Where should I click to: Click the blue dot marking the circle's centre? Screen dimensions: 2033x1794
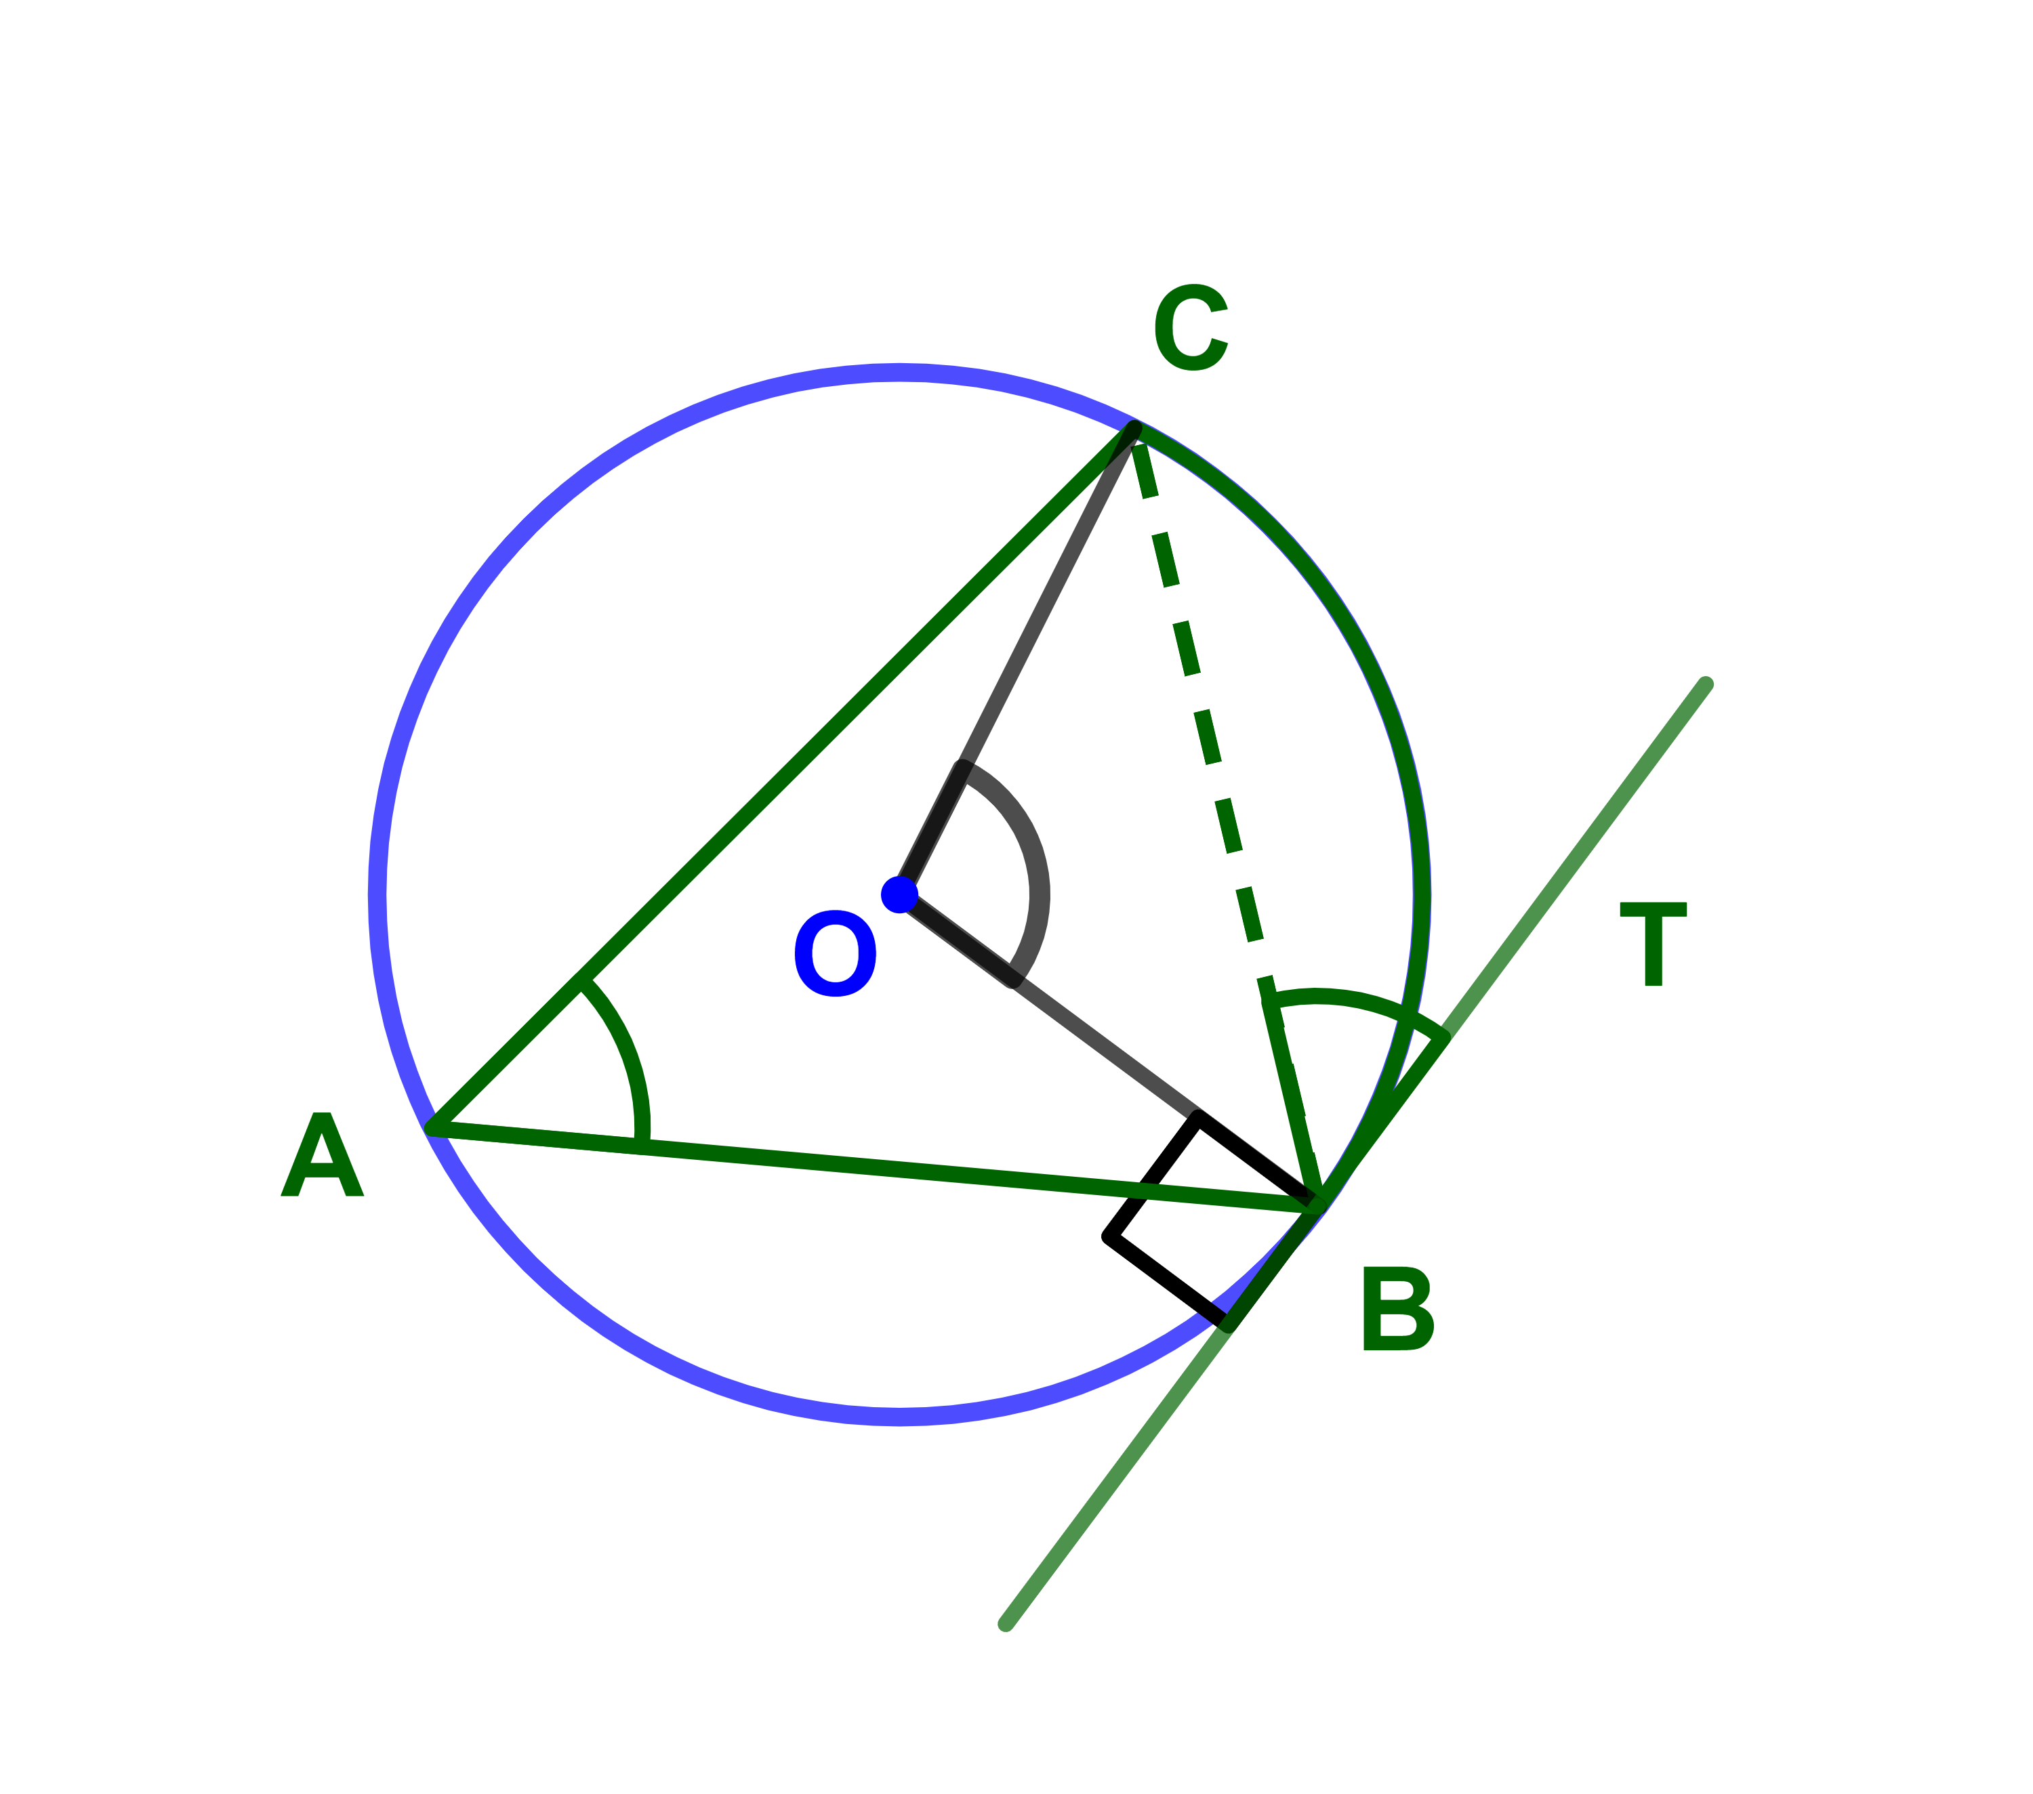[x=899, y=895]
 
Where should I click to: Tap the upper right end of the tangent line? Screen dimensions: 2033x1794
[x=1706, y=684]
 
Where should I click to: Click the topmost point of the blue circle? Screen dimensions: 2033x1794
[x=899, y=373]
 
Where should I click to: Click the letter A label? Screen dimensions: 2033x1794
[x=323, y=1154]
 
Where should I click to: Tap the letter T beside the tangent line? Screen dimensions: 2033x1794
[x=1653, y=944]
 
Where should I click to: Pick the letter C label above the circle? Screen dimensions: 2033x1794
[x=1191, y=327]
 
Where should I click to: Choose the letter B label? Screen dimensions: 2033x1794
[x=1397, y=1309]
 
